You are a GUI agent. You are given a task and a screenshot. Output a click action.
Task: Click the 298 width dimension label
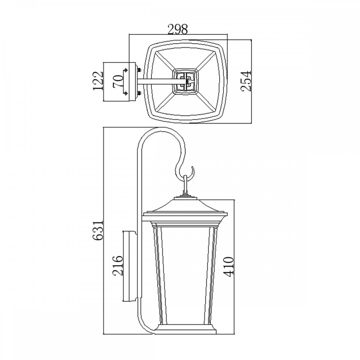coord(178,29)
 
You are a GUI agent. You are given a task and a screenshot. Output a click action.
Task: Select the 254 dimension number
coord(247,81)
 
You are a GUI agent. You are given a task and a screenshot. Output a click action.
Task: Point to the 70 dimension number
coord(118,81)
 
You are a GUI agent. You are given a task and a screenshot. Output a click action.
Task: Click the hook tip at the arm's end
coord(192,167)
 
